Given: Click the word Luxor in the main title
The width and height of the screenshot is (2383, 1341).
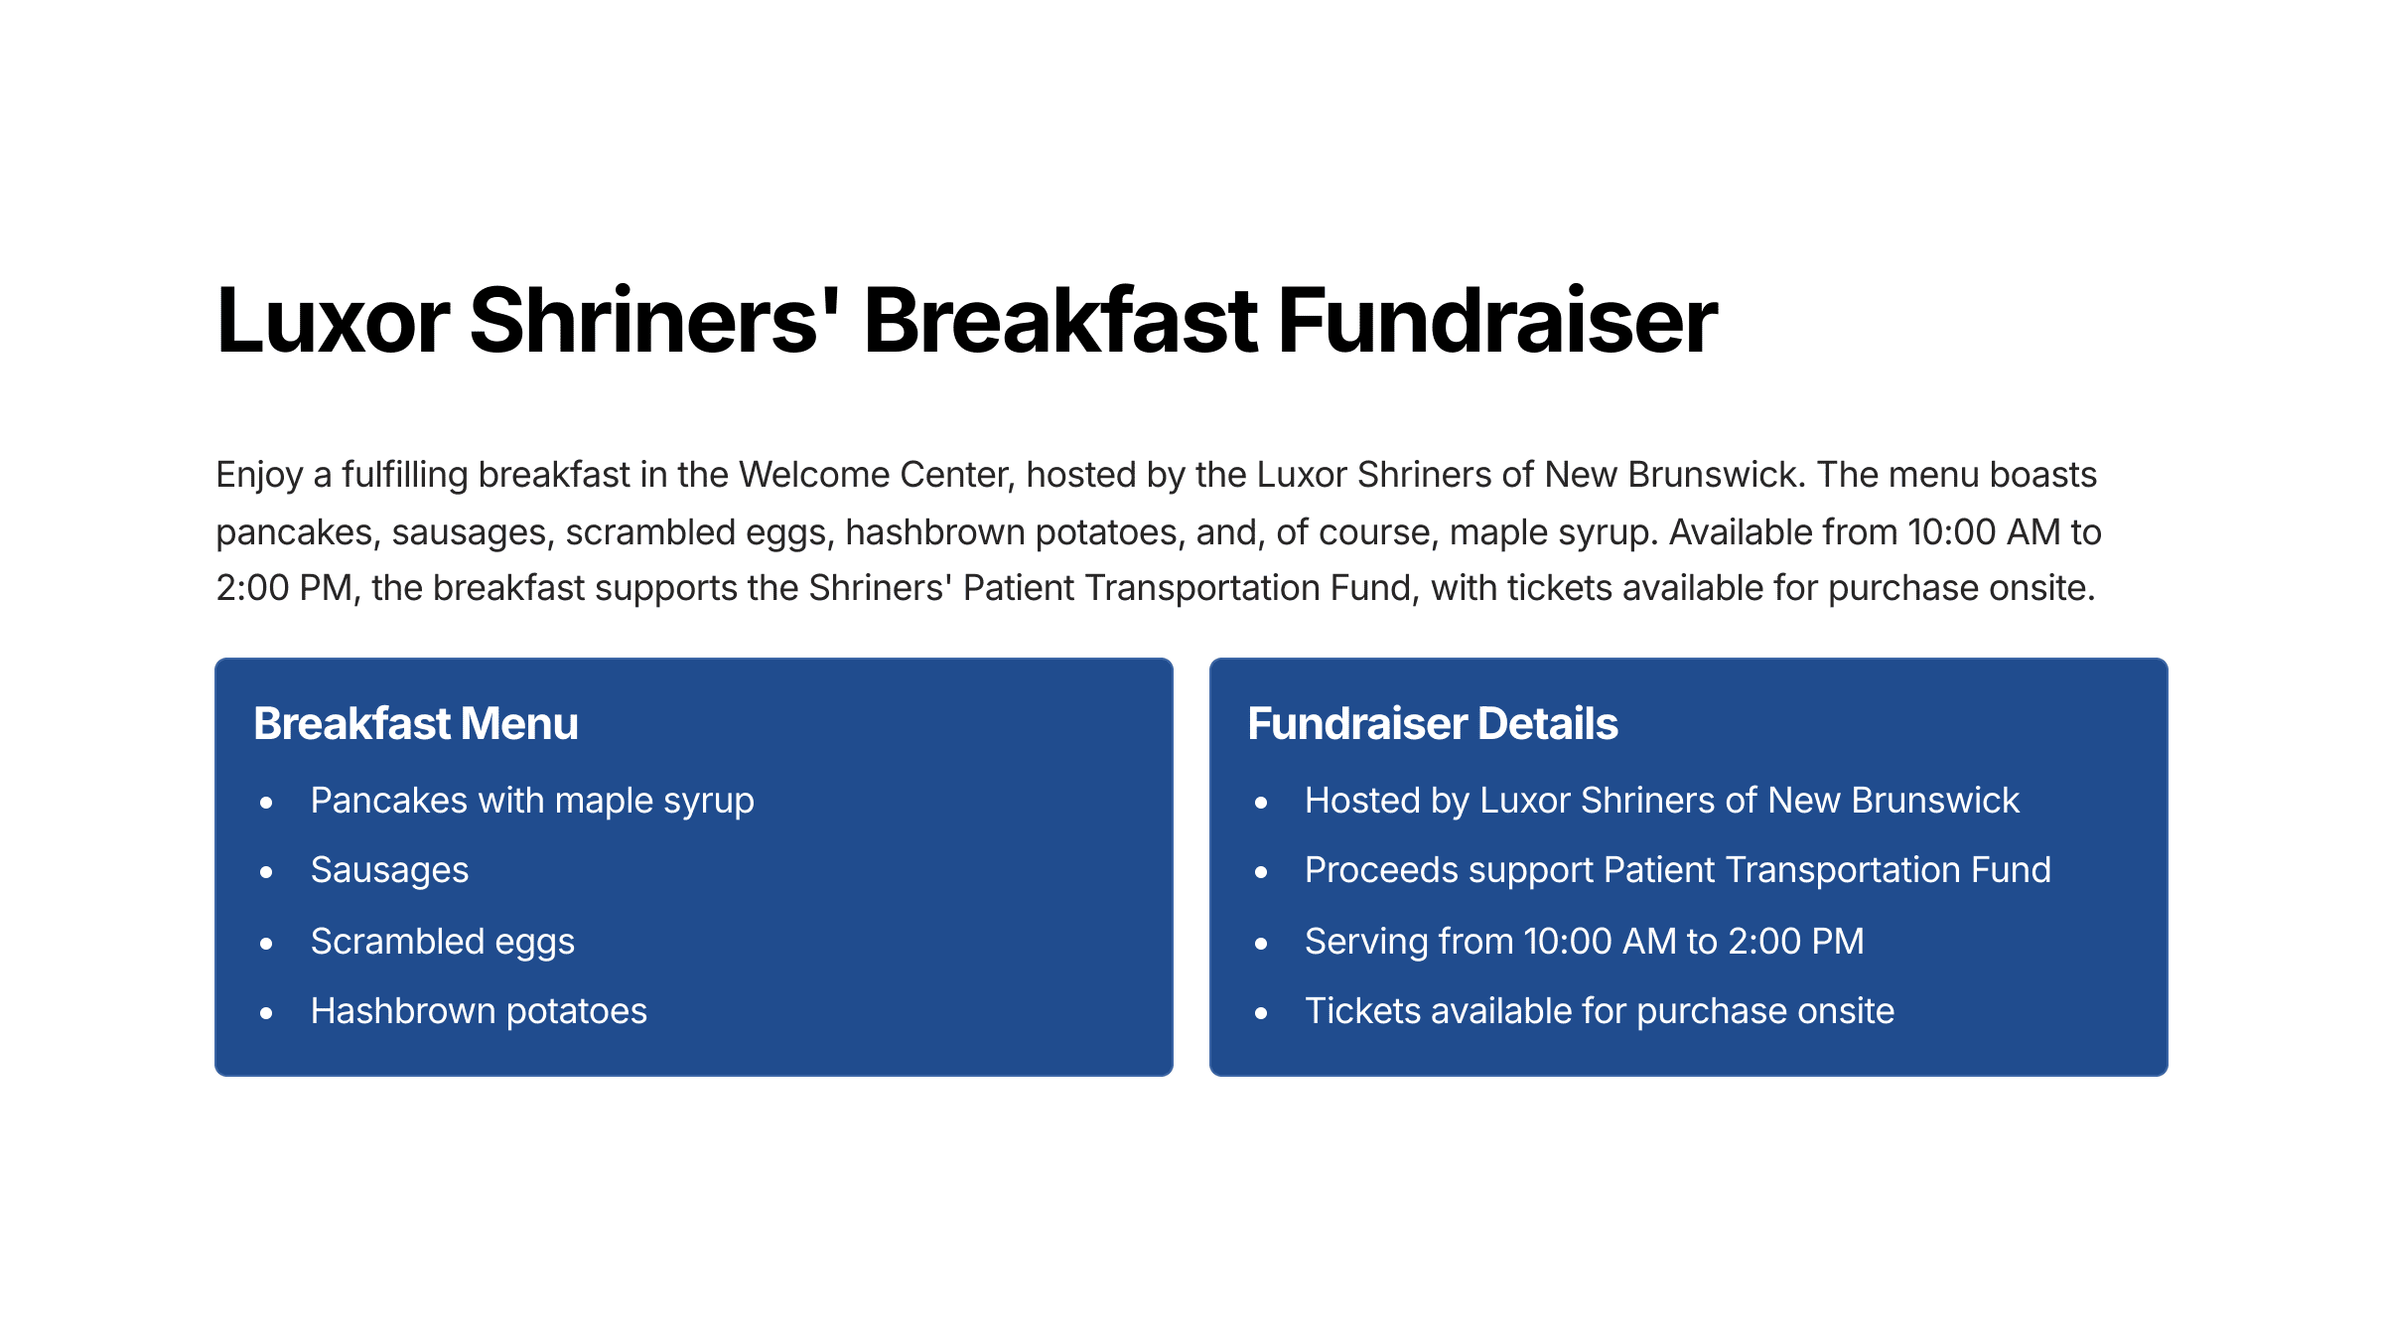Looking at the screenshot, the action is tap(334, 321).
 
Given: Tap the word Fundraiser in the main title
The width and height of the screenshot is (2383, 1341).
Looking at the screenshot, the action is tap(1497, 321).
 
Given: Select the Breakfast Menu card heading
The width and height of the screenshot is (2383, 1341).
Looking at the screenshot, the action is tap(416, 723).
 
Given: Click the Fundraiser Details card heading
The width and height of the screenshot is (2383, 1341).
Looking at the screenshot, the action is tap(1433, 723).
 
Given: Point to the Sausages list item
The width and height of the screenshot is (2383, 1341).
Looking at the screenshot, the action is tap(389, 871).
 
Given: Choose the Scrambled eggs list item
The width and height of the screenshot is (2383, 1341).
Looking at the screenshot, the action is tap(443, 942).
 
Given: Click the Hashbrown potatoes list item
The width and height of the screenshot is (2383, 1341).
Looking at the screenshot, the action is tap(479, 1011).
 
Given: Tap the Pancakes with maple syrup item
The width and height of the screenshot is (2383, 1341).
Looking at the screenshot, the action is tap(532, 802).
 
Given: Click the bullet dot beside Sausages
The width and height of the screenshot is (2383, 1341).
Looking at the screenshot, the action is tap(266, 872).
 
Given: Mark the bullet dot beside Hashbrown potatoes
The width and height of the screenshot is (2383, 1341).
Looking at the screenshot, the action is tap(266, 1013).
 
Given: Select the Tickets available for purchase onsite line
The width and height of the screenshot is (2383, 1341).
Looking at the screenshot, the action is tap(1600, 1011).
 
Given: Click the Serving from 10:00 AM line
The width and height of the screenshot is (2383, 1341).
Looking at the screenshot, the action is tap(1585, 941).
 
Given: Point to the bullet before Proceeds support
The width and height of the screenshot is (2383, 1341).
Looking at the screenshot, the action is tap(1261, 872).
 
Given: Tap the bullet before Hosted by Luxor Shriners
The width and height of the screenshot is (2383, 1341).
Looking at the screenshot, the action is tap(1261, 803).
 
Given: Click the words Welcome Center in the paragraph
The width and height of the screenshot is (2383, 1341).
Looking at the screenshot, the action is tap(877, 475).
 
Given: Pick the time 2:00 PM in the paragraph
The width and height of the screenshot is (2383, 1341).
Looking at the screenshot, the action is tap(285, 588).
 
